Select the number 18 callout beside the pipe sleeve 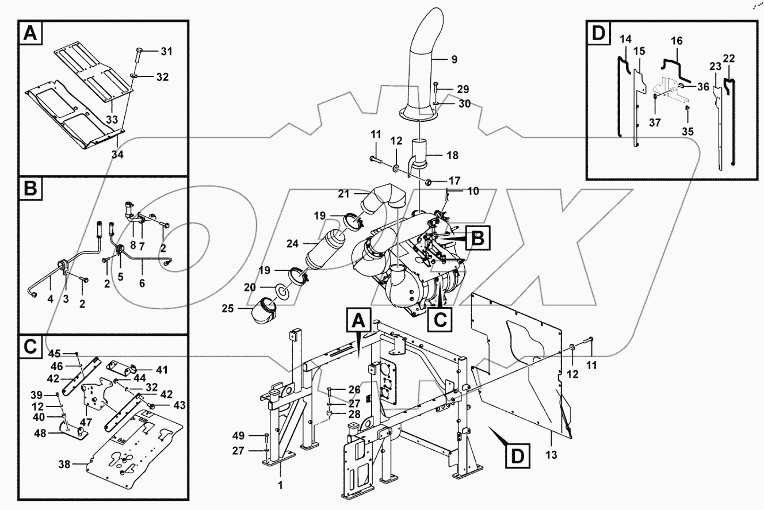pyautogui.click(x=452, y=156)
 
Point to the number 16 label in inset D pyautogui.click(x=677, y=41)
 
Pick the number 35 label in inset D pyautogui.click(x=689, y=131)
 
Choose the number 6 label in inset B pyautogui.click(x=142, y=283)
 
